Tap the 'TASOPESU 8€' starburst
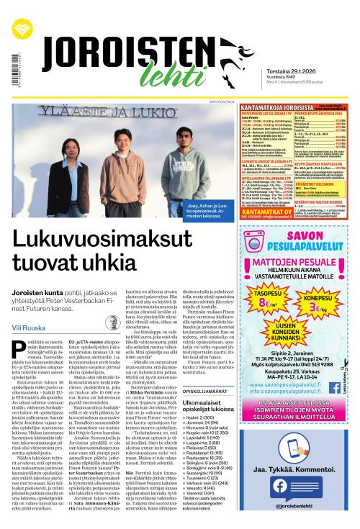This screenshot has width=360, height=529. point(253,317)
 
